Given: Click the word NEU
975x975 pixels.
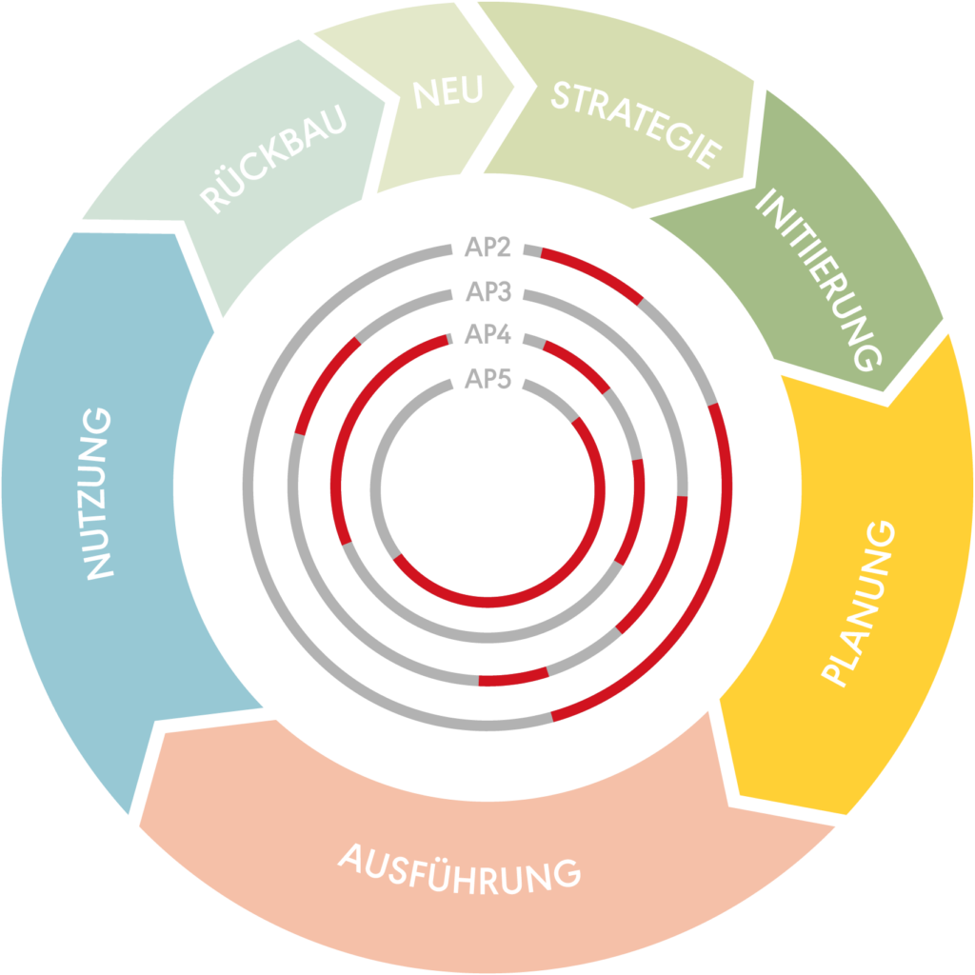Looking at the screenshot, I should click(448, 91).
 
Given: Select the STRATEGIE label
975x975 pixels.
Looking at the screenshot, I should click(635, 123).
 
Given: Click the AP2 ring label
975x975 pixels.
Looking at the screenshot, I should click(488, 249).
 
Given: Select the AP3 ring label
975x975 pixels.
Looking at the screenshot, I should click(488, 292).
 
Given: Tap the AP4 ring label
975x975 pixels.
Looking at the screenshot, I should click(488, 335).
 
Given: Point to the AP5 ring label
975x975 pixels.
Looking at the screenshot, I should click(488, 380).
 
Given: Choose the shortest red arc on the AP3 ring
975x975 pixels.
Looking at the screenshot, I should click(513, 679).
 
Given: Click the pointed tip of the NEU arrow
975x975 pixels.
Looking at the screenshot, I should click(515, 88).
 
